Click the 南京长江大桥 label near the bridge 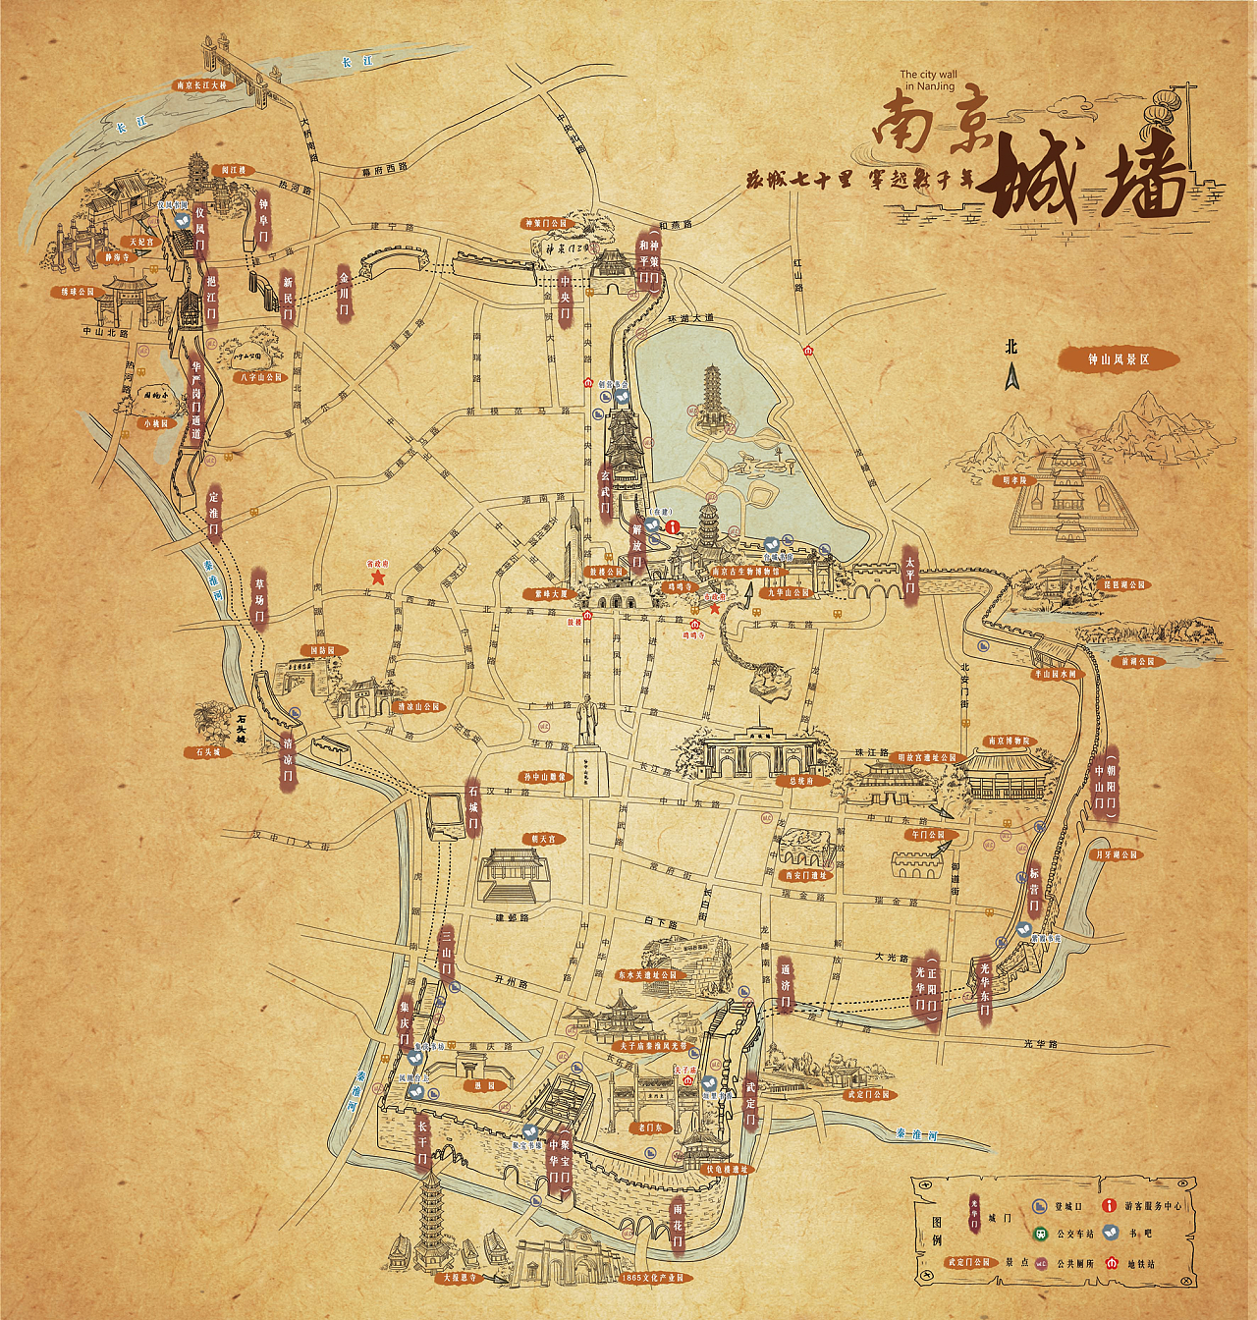click(201, 85)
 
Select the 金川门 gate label click(344, 292)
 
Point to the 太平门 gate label click(909, 576)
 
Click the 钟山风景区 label click(1118, 359)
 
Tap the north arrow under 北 click(1011, 376)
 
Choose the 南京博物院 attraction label click(1010, 742)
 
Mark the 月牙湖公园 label click(1116, 854)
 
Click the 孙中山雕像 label click(545, 777)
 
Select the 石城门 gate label click(473, 809)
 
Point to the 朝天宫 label click(543, 839)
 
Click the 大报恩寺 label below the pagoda click(459, 1278)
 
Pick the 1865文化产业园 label click(653, 1278)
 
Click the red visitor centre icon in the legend click(1110, 1205)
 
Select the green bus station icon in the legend click(1039, 1235)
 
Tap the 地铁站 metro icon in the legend click(1112, 1263)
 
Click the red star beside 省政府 click(377, 578)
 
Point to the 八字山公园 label click(260, 377)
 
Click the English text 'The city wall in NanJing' click(928, 80)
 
